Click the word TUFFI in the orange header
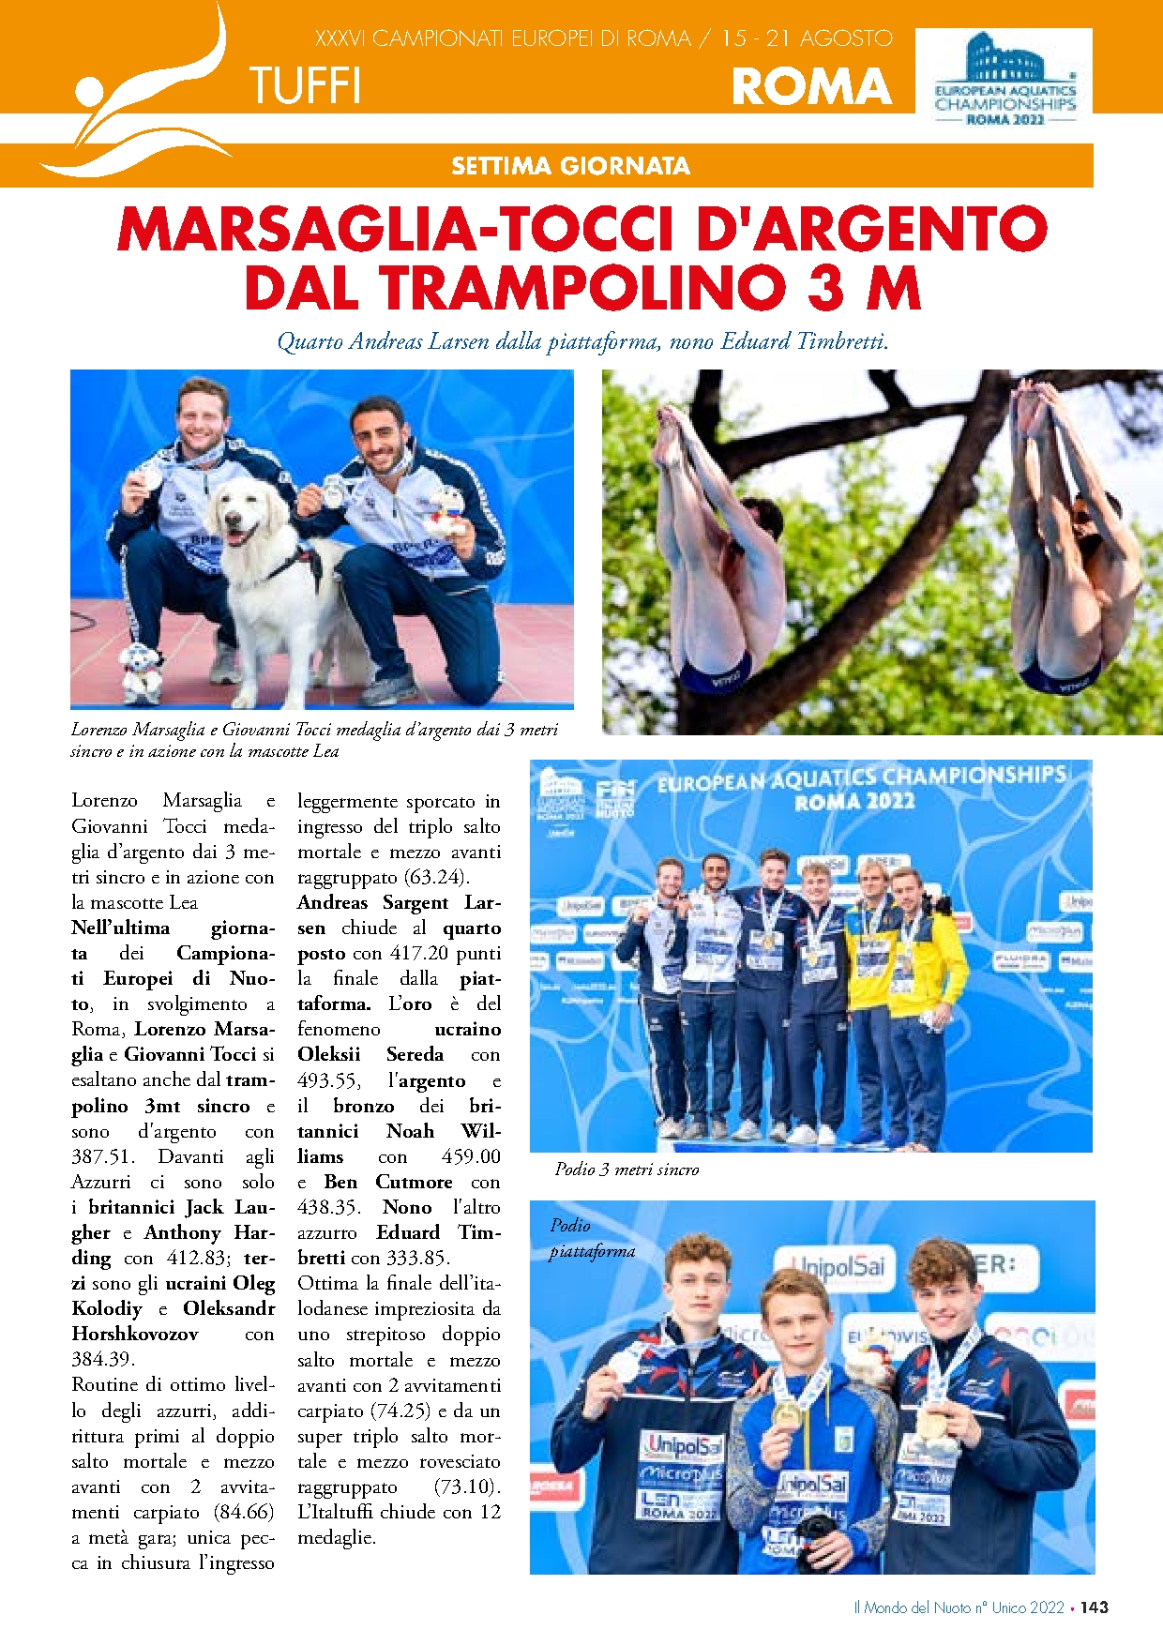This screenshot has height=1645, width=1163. tap(305, 86)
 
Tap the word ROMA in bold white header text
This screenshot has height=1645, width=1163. tap(811, 86)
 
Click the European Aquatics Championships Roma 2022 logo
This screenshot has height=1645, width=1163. tap(1004, 79)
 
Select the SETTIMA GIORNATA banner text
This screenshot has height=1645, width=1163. tap(570, 166)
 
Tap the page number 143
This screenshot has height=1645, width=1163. tap(1094, 1607)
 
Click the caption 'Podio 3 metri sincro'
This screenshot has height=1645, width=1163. tap(627, 1170)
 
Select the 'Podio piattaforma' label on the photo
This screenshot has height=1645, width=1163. tap(591, 1238)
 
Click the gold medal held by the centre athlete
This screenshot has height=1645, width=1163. tap(787, 1414)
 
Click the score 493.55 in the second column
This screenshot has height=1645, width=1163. tap(327, 1080)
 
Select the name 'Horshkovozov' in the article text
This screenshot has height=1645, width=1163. tap(135, 1334)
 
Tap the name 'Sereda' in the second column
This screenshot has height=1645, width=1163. tap(415, 1054)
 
